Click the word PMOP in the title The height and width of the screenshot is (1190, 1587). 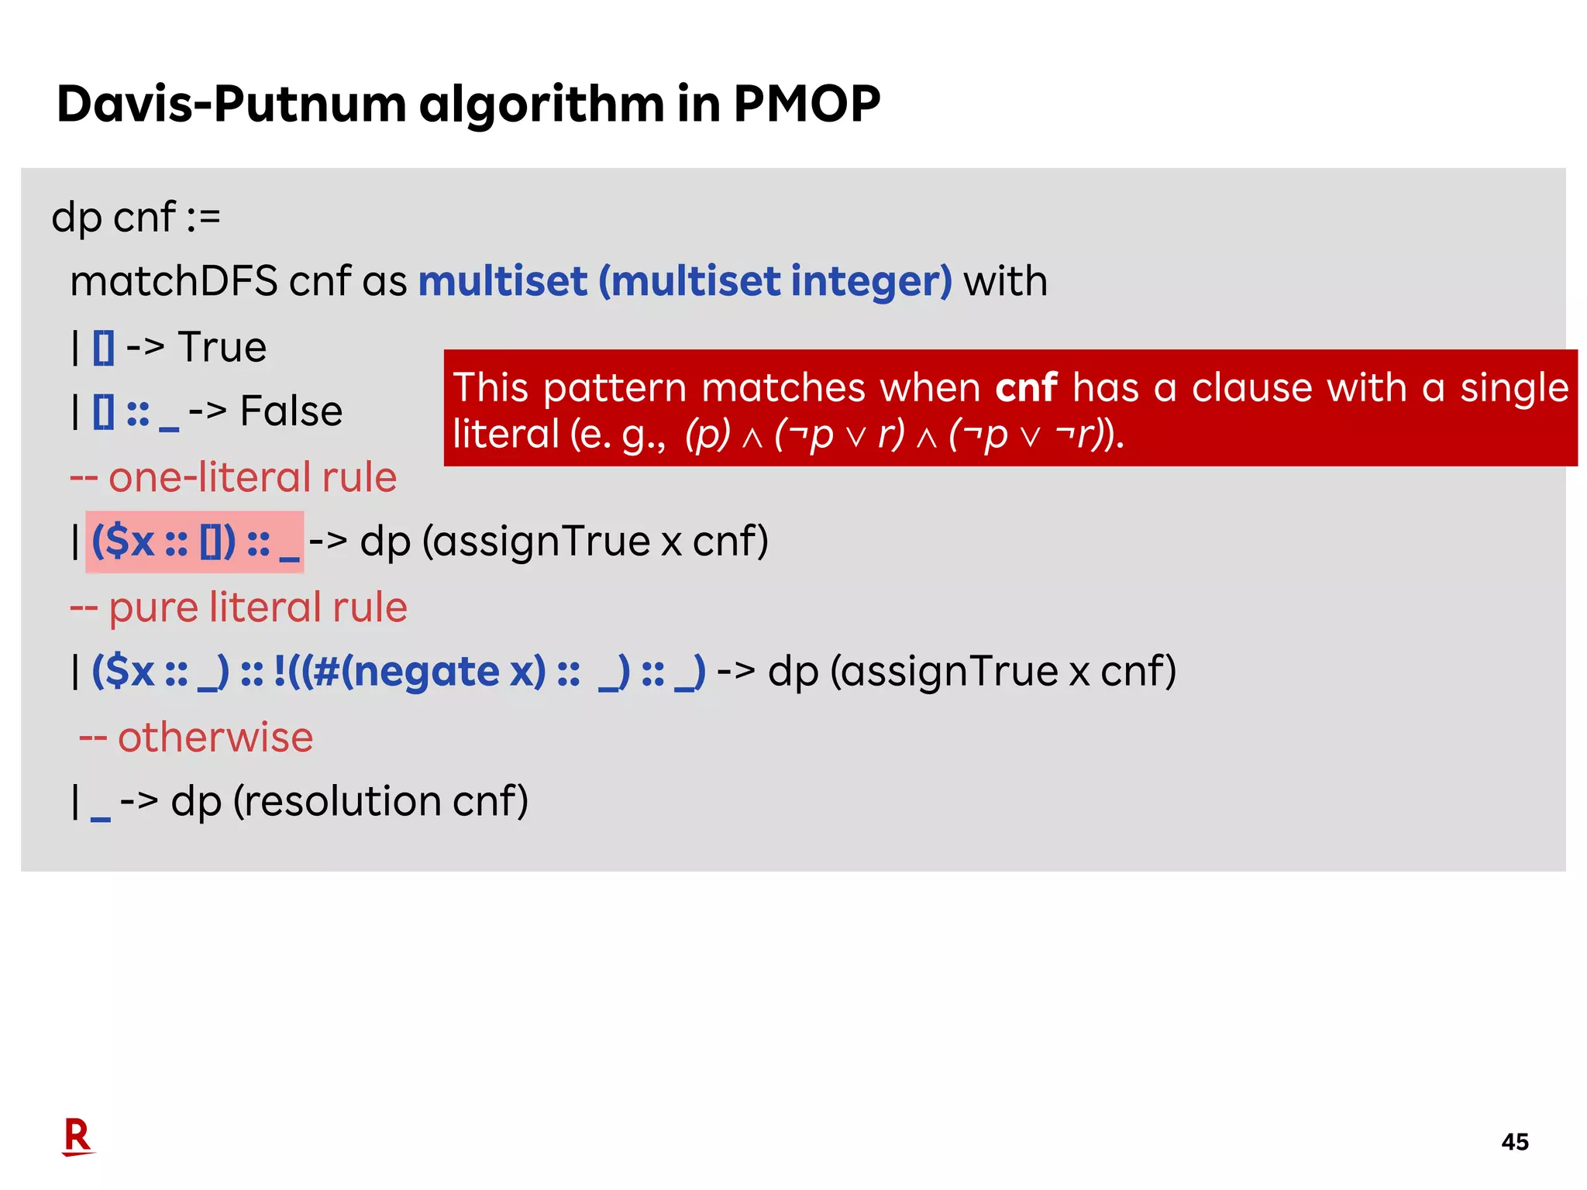tap(807, 104)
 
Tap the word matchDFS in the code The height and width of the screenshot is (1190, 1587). tap(174, 280)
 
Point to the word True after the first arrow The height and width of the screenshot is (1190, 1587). tap(222, 346)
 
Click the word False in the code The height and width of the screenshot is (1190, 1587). tap(291, 411)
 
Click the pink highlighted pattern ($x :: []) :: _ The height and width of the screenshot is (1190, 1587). tap(195, 542)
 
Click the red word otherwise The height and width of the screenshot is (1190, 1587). tap(215, 737)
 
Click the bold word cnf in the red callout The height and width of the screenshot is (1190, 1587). tap(1026, 387)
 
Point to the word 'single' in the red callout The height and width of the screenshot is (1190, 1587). tap(1514, 387)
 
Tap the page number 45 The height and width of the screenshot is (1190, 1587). tap(1514, 1141)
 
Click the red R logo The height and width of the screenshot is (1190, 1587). tap(77, 1137)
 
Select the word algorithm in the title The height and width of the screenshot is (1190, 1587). tap(541, 104)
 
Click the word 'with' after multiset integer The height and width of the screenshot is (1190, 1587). tap(1005, 280)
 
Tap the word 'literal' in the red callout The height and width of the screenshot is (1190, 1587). tap(505, 434)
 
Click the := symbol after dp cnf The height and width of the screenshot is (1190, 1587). tap(204, 217)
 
